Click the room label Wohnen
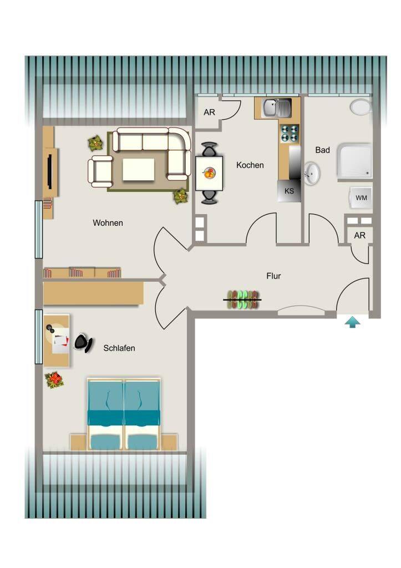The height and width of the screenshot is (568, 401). pyautogui.click(x=108, y=223)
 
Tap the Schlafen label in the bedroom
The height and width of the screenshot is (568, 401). pyautogui.click(x=119, y=348)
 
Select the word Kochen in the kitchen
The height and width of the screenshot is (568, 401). pyautogui.click(x=250, y=165)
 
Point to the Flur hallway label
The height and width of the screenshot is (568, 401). pyautogui.click(x=273, y=276)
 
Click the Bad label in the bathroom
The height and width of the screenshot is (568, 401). pyautogui.click(x=322, y=150)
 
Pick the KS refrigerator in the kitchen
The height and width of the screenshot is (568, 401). pyautogui.click(x=289, y=191)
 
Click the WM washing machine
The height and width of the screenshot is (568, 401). pyautogui.click(x=361, y=198)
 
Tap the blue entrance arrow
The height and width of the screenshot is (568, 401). pyautogui.click(x=352, y=322)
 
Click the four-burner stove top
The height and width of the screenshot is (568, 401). pyautogui.click(x=290, y=133)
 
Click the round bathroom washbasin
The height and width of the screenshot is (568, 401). pyautogui.click(x=312, y=173)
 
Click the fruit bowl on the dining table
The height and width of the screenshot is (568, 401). pyautogui.click(x=209, y=173)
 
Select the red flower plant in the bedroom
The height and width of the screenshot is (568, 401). pyautogui.click(x=54, y=380)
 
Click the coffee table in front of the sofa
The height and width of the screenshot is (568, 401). pyautogui.click(x=138, y=170)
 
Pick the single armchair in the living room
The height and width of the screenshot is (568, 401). pyautogui.click(x=100, y=171)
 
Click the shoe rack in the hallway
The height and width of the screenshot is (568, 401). pyautogui.click(x=243, y=300)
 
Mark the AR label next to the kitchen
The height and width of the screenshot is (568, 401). pyautogui.click(x=209, y=112)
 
